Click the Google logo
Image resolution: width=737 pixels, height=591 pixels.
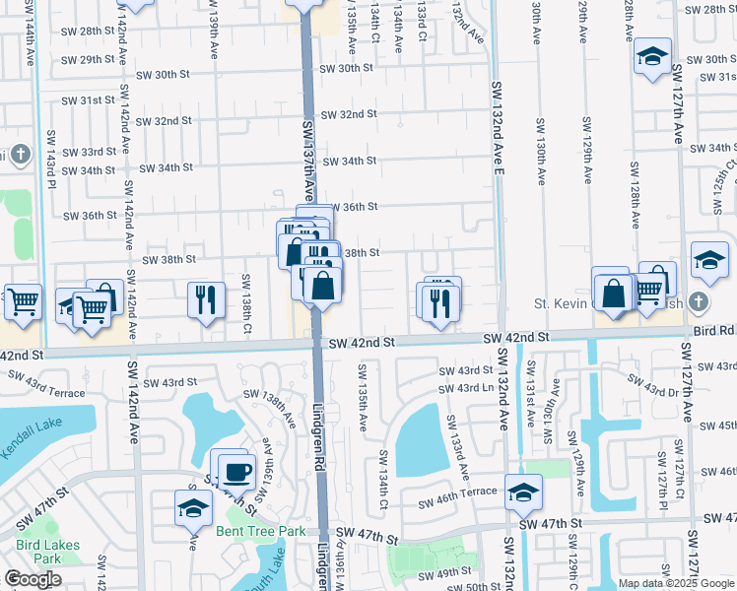(x=33, y=579)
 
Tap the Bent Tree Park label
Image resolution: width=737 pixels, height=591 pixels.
(x=260, y=531)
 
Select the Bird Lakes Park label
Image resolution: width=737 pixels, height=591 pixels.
(x=39, y=551)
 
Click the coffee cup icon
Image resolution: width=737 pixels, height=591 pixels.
(x=237, y=472)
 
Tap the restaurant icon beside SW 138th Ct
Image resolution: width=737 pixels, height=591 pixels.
(x=207, y=298)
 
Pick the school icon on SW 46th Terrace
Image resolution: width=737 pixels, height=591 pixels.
(x=523, y=492)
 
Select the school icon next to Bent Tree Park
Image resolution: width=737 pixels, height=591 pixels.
(x=194, y=508)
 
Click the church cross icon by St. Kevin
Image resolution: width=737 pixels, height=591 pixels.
(x=699, y=300)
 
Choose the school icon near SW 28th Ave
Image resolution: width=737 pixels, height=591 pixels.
(x=652, y=55)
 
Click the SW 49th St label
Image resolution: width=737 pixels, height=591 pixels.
(x=444, y=573)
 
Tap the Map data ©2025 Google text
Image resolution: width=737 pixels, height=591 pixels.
(x=675, y=583)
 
